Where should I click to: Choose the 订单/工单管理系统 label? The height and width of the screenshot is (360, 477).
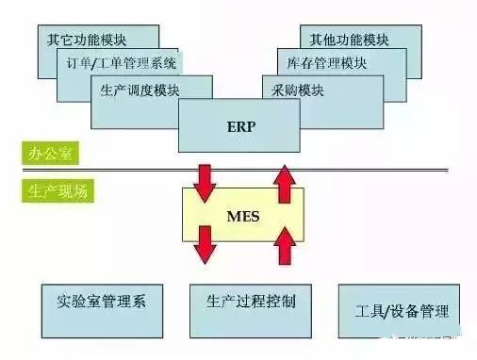pyautogui.click(x=116, y=65)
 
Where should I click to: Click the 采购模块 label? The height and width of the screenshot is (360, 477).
pyautogui.click(x=296, y=90)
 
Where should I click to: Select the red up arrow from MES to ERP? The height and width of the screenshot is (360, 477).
pyautogui.click(x=282, y=183)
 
